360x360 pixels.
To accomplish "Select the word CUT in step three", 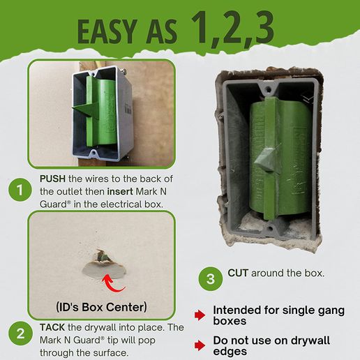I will [239, 273].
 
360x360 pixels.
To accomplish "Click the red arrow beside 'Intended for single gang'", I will [200, 315].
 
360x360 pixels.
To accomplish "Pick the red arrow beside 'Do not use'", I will [200, 343].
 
